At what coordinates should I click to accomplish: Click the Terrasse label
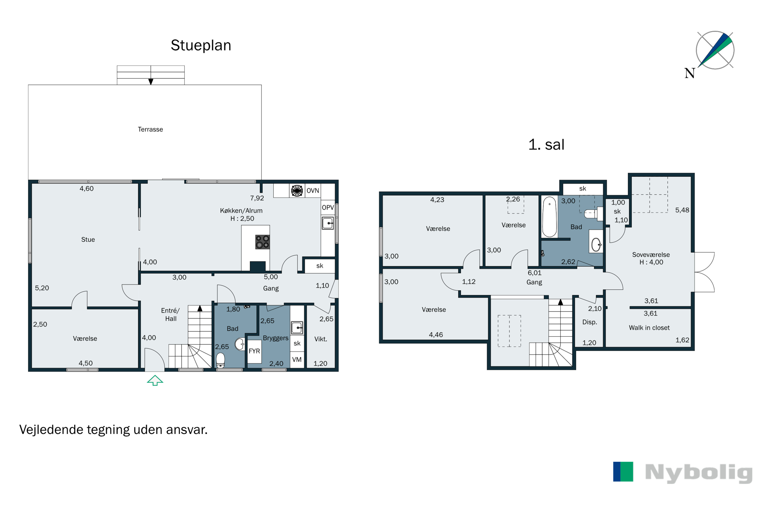[x=150, y=130]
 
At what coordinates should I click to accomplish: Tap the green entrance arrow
[x=155, y=380]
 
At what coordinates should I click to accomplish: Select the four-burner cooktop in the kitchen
[x=262, y=242]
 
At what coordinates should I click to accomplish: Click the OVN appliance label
[x=313, y=191]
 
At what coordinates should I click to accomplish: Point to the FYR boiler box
[x=255, y=351]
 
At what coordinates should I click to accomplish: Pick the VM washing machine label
[x=297, y=360]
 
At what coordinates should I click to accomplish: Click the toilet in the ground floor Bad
[x=221, y=360]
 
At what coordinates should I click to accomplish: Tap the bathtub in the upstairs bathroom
[x=549, y=217]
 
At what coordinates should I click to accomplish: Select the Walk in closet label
[x=649, y=328]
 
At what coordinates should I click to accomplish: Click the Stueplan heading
[x=201, y=45]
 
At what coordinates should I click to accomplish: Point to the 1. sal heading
[x=547, y=144]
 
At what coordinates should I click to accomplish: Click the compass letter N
[x=690, y=73]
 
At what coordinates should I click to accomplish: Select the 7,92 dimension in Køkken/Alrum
[x=257, y=198]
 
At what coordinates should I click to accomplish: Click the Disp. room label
[x=590, y=322]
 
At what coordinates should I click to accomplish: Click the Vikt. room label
[x=321, y=339]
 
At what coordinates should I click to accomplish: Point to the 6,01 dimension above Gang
[x=534, y=273]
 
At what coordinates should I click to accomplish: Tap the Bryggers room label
[x=275, y=338]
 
